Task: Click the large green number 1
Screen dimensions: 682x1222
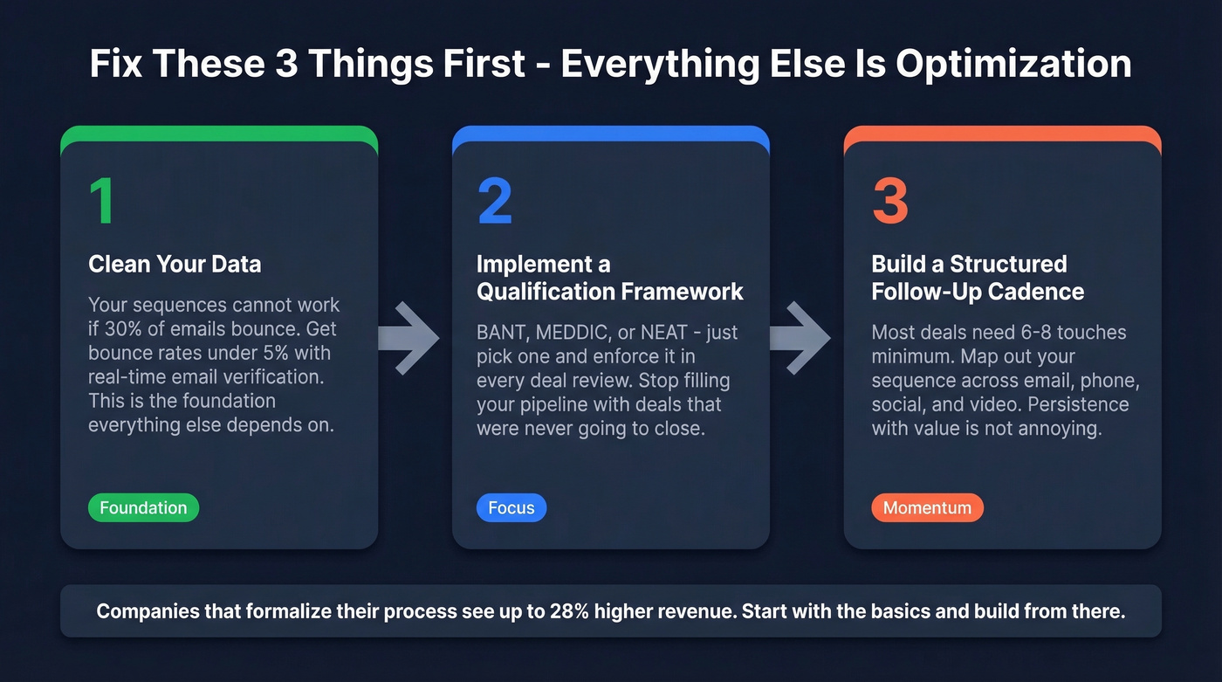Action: pyautogui.click(x=103, y=202)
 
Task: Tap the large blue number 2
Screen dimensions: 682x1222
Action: pyautogui.click(x=495, y=202)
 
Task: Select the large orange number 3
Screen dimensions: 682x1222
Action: pyautogui.click(x=890, y=202)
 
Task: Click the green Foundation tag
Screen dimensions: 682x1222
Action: pyautogui.click(x=143, y=508)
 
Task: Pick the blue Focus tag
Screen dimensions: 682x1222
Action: pyautogui.click(x=511, y=508)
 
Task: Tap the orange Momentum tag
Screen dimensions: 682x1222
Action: pyautogui.click(x=927, y=508)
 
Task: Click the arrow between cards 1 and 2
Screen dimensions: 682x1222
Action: pyautogui.click(x=410, y=338)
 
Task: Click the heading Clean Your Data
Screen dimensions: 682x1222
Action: pyautogui.click(x=175, y=265)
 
